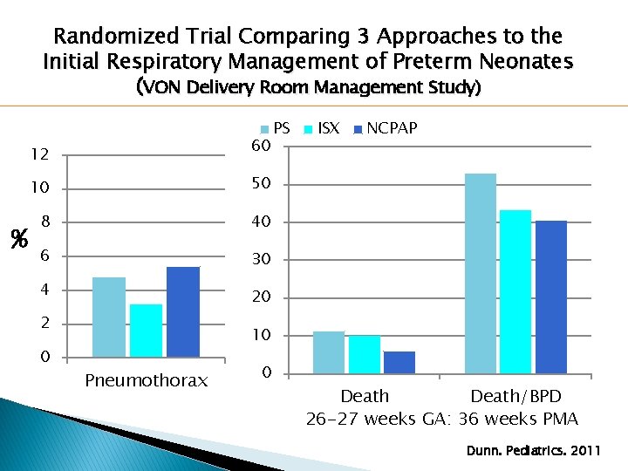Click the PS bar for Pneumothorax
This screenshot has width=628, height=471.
click(x=109, y=317)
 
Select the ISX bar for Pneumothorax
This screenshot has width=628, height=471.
click(x=146, y=331)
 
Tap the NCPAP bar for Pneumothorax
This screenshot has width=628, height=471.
click(x=183, y=311)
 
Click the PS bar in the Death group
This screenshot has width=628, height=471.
click(x=329, y=352)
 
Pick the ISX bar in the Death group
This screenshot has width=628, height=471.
click(x=364, y=354)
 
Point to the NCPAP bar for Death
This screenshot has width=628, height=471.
click(x=399, y=362)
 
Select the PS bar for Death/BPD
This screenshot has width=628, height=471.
click(x=481, y=273)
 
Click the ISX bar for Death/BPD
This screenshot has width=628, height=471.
click(x=515, y=291)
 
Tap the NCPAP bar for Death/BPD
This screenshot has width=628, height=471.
click(x=551, y=297)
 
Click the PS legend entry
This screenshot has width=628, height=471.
click(x=275, y=128)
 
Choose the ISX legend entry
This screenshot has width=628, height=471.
click(x=322, y=128)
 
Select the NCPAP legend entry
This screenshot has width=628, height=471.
click(x=385, y=128)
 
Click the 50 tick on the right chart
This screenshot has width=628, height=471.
click(x=262, y=185)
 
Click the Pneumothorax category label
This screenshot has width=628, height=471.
click(x=146, y=380)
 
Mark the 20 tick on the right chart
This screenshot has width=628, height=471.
click(x=262, y=298)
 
